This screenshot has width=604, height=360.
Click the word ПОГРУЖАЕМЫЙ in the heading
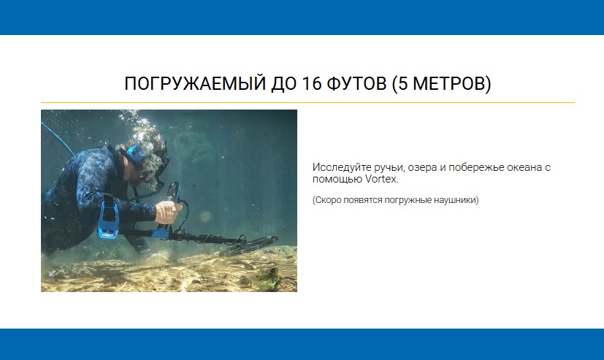tap(195, 83)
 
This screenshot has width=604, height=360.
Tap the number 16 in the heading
tap(312, 83)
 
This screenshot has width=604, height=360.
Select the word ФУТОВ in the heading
tap(356, 83)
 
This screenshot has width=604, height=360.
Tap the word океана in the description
tap(523, 167)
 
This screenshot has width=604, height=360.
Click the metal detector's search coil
tap(248, 246)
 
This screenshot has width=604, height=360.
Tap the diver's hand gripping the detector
tap(167, 211)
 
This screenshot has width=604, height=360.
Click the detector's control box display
tap(173, 192)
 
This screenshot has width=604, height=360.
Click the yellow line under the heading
tap(307, 103)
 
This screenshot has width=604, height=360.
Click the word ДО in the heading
tap(284, 83)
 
